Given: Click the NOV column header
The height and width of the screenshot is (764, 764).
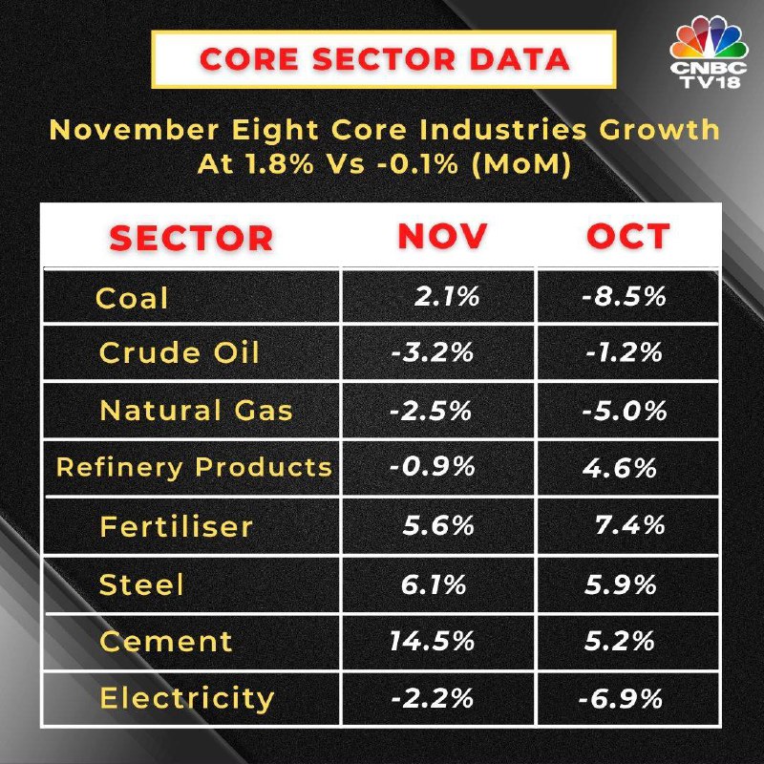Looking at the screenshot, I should point(442,236).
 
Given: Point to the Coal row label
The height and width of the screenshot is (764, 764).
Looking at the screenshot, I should point(132,298).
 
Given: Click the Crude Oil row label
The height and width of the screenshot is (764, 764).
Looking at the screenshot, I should point(179,353).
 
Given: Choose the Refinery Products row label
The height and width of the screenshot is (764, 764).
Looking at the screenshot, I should point(194,468).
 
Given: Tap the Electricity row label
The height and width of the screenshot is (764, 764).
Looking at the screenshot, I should point(186,698).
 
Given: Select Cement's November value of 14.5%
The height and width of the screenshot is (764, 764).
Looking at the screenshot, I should point(432,641).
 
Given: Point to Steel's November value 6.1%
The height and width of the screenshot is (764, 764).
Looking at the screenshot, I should point(433,584).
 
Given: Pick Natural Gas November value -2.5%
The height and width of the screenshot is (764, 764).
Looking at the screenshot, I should point(431,411).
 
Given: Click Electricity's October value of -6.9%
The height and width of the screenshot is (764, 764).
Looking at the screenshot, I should point(621,698).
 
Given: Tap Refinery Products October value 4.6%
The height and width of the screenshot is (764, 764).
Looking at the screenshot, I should point(619,468).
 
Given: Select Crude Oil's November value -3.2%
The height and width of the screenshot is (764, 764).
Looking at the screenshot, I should point(432,353).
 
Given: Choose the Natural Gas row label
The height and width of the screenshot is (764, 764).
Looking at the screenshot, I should point(196,411).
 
